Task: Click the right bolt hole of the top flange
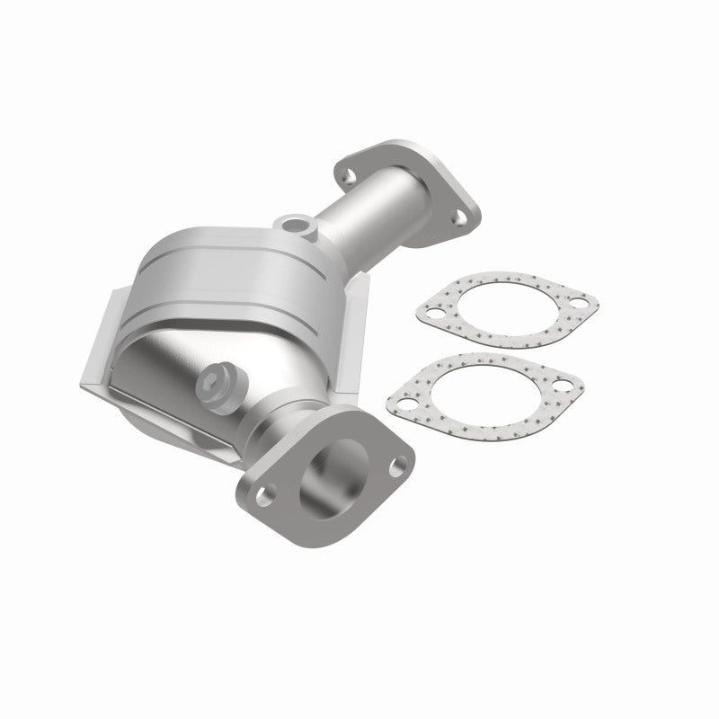[457, 216]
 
